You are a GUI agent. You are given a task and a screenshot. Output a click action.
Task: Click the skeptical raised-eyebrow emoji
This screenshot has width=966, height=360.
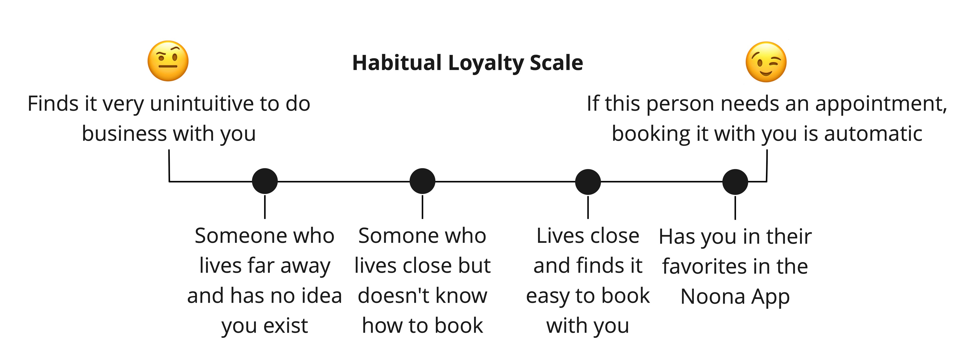pos(168,61)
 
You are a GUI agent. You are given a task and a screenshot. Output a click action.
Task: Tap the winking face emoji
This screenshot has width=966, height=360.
pos(766,62)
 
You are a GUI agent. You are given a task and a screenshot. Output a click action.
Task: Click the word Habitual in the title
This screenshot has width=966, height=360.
pos(397,63)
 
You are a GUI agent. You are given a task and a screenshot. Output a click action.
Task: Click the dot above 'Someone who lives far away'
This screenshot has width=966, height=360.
pos(265,181)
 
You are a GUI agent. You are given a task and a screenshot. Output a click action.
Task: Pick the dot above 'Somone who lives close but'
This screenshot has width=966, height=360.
pos(422,181)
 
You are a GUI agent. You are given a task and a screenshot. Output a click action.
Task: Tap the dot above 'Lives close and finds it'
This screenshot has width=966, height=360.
pos(588,182)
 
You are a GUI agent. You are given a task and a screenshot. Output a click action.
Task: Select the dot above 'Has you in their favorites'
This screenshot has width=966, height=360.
pos(735,182)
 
